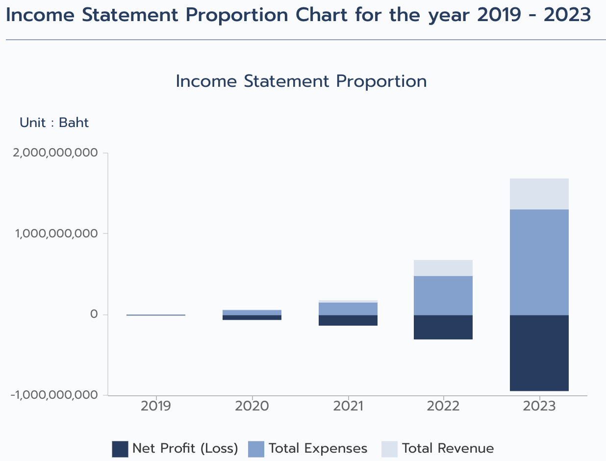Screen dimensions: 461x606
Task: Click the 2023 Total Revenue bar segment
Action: (539, 194)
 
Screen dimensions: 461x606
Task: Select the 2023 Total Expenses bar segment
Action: (539, 262)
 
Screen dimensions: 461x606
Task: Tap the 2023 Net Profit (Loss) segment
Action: (539, 353)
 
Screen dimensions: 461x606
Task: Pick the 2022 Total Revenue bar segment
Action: (443, 268)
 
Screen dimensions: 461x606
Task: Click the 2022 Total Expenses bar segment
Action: (443, 295)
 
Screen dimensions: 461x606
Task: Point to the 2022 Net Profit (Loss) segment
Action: (443, 327)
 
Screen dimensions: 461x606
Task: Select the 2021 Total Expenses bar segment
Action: (348, 308)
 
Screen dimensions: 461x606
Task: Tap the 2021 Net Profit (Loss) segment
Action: (348, 320)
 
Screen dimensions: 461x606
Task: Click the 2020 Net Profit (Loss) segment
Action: (252, 317)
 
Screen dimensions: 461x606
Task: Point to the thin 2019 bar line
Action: (155, 315)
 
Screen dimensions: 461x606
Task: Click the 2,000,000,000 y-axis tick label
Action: (55, 153)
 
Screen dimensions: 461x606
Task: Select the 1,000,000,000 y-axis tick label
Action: (55, 233)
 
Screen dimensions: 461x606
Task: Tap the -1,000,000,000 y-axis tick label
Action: (53, 395)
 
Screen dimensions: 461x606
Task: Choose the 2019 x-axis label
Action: (155, 406)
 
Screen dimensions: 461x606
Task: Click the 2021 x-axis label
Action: (348, 406)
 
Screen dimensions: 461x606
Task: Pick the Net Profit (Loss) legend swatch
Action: (120, 449)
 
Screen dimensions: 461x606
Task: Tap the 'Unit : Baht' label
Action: (54, 123)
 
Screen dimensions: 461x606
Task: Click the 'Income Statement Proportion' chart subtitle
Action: (301, 81)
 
